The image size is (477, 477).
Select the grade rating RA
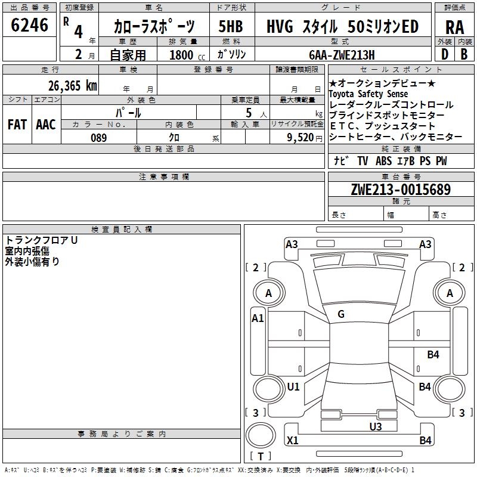coord(454,27)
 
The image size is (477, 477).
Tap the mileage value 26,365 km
coord(73,85)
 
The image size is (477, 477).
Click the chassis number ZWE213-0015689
coord(401,190)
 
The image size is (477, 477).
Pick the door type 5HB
coord(231,27)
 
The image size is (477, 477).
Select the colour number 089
coord(99,138)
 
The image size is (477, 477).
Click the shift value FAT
coord(17,125)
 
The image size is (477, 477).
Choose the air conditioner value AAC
coord(46,125)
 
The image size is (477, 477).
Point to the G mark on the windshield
coord(341,314)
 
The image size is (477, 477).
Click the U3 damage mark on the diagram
coord(375,426)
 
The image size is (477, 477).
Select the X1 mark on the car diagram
coord(292,441)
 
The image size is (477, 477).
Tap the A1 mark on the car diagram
coord(258,318)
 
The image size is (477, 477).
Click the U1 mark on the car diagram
coord(293,387)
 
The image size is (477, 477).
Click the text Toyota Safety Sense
coord(368,94)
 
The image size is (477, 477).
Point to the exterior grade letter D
coord(444,54)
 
